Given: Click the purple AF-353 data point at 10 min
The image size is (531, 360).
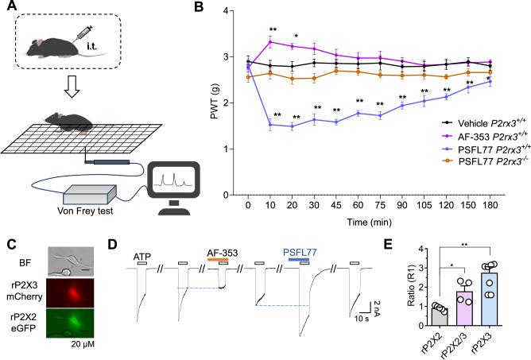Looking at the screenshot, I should [272, 42].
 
